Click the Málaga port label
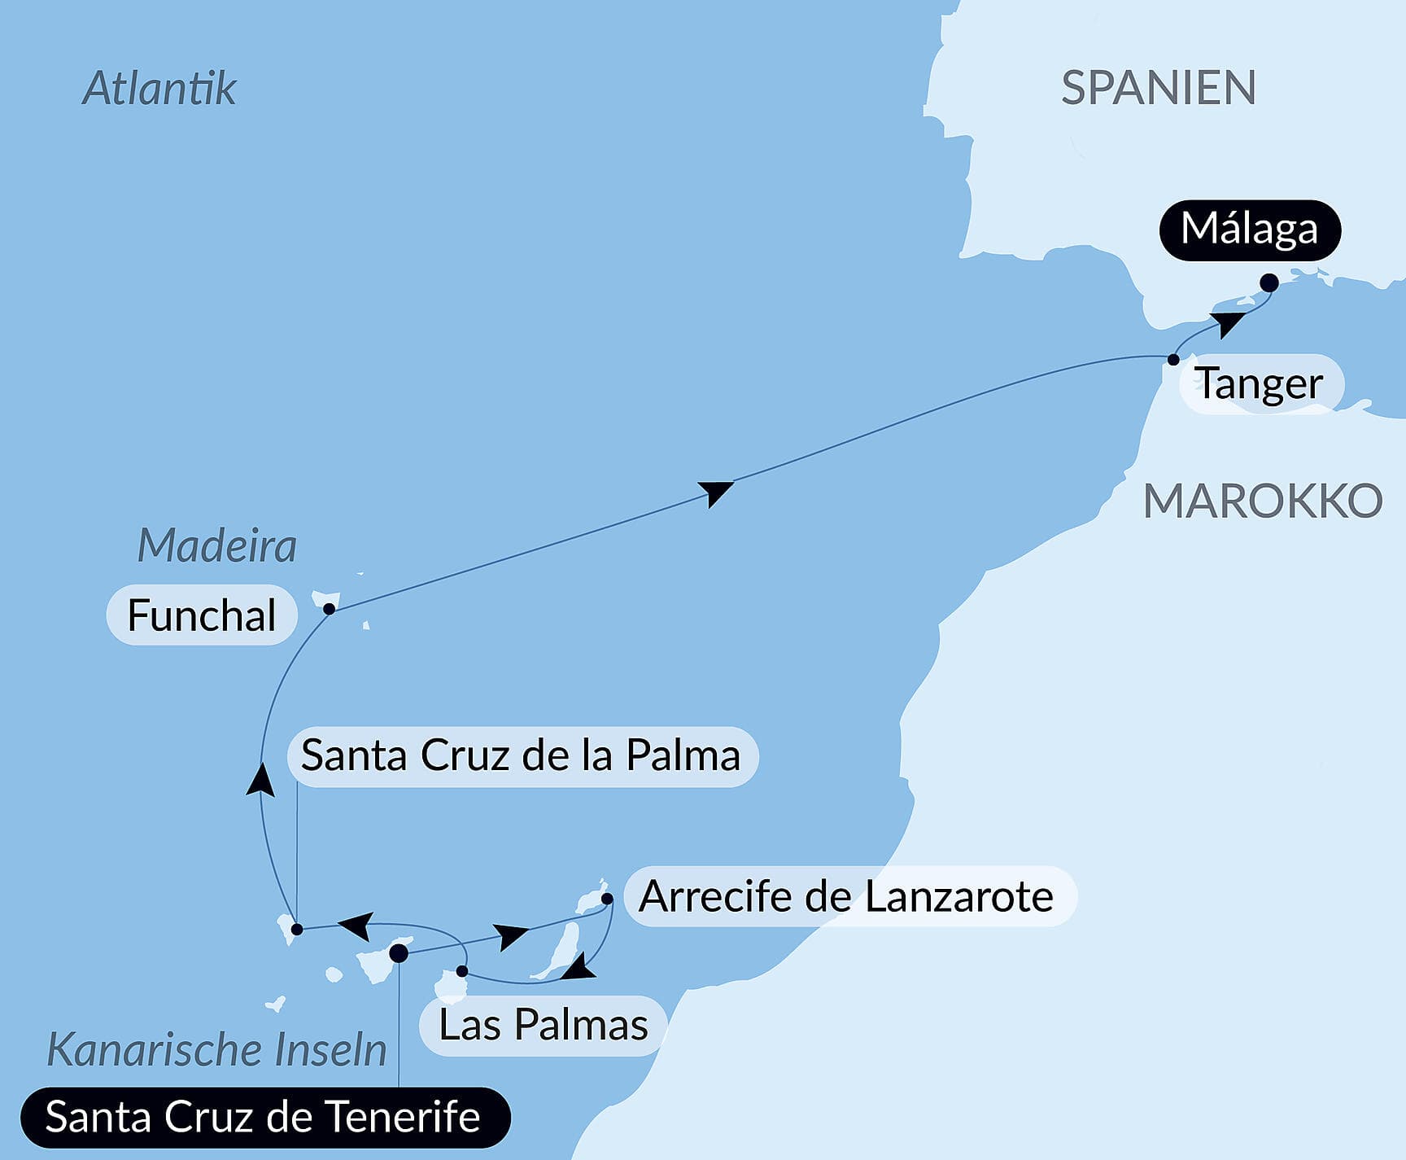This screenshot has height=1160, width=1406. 1249,230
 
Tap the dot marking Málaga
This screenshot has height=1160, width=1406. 1268,283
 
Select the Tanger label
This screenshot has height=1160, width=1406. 1259,384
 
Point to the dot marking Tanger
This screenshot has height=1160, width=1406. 1173,359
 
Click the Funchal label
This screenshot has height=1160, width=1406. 202,615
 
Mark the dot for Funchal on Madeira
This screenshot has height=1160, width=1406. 329,609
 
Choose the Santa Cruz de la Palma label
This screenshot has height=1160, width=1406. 522,756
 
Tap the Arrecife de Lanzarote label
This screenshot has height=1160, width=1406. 847,896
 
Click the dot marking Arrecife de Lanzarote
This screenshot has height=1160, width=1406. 607,899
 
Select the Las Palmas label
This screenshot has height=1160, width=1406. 544,1026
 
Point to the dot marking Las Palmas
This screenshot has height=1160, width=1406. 462,971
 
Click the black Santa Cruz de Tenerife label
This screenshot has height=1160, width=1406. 263,1117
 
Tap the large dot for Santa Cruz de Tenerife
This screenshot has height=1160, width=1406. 399,953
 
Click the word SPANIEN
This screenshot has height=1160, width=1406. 1159,88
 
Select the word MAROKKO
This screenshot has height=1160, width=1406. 1263,501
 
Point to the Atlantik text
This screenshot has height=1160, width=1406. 159,88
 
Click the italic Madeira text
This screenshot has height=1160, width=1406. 216,545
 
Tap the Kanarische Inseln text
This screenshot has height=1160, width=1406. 216,1050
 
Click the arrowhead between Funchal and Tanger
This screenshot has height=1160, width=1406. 716,492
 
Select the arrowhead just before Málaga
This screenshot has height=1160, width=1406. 1229,323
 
